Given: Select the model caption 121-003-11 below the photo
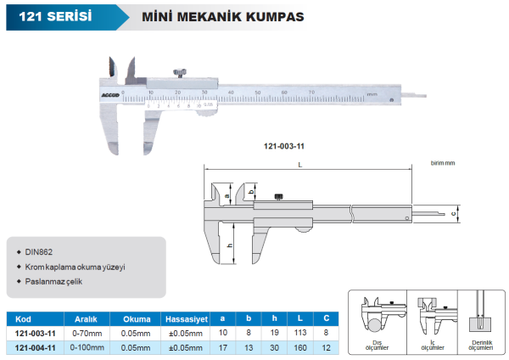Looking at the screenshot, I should click(285, 145).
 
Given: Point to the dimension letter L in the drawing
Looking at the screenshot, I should click(301, 166).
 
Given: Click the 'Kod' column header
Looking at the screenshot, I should click(23, 318).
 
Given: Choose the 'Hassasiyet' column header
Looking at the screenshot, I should click(186, 318).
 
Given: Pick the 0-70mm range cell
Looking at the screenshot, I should click(87, 333).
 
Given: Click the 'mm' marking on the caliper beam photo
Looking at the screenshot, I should click(371, 93).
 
